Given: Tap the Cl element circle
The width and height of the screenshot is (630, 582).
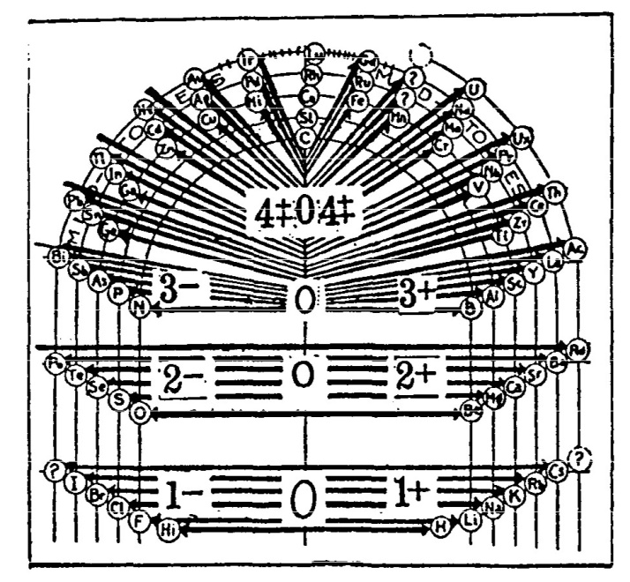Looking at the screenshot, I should click(118, 507).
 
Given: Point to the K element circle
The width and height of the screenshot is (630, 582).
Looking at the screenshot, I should click(514, 496).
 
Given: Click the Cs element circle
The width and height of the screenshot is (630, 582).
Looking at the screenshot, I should click(556, 469).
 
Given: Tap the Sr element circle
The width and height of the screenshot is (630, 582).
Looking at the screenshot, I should click(536, 374).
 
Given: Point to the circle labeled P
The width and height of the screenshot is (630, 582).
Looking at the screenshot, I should click(118, 294).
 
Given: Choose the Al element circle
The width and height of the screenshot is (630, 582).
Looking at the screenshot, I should click(494, 297).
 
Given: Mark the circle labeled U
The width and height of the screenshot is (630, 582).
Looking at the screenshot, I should click(476, 87).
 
